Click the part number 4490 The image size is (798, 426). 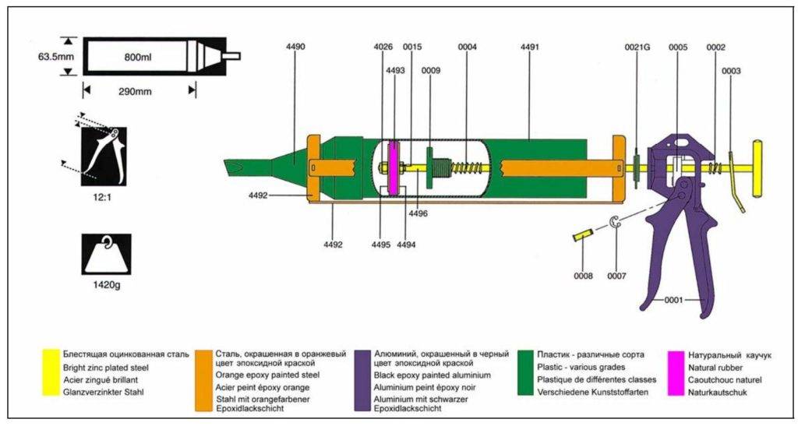pos(295,48)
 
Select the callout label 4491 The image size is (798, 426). pos(529,48)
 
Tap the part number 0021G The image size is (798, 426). pos(637,48)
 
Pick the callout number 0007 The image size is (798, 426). pos(616,275)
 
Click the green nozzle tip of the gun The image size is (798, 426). pos(233,167)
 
